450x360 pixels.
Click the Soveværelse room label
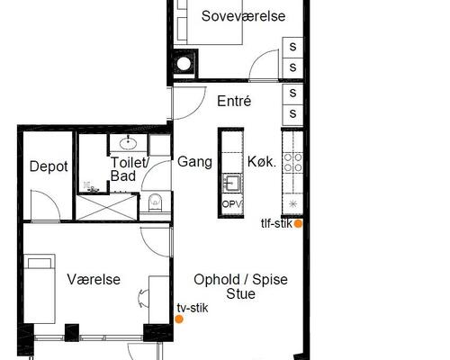(x=243, y=16)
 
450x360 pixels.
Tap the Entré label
(x=234, y=101)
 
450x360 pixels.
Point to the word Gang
(x=194, y=162)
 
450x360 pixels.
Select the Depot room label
(x=49, y=166)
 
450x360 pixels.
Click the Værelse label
(x=94, y=280)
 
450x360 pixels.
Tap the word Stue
(x=240, y=293)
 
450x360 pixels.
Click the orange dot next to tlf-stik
(x=298, y=223)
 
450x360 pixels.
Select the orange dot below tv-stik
(x=179, y=319)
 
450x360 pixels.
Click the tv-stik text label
(x=193, y=308)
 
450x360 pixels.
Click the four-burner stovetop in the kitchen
(x=293, y=162)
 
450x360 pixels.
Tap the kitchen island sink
(x=232, y=183)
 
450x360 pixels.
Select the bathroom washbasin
(x=129, y=143)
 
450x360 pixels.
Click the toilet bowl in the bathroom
(x=156, y=202)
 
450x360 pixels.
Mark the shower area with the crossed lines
(x=106, y=207)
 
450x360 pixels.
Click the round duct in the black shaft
(x=184, y=64)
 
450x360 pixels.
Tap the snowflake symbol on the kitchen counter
(x=292, y=204)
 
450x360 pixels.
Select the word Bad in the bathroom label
(x=123, y=175)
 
